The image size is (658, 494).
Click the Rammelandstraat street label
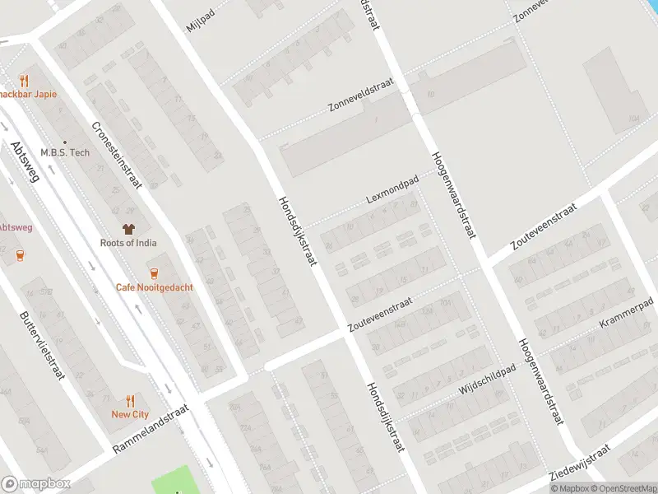click(151, 428)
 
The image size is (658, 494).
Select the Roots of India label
click(128, 243)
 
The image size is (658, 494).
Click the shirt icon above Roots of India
click(128, 228)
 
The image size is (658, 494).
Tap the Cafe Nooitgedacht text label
click(154, 287)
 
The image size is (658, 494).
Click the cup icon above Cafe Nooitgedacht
click(154, 273)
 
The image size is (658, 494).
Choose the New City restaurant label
click(130, 414)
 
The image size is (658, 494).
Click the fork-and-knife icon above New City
click(130, 400)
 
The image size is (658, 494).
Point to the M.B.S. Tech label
click(65, 152)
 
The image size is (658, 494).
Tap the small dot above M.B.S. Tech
click(64, 141)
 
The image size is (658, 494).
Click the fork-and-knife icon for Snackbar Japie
click(24, 81)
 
